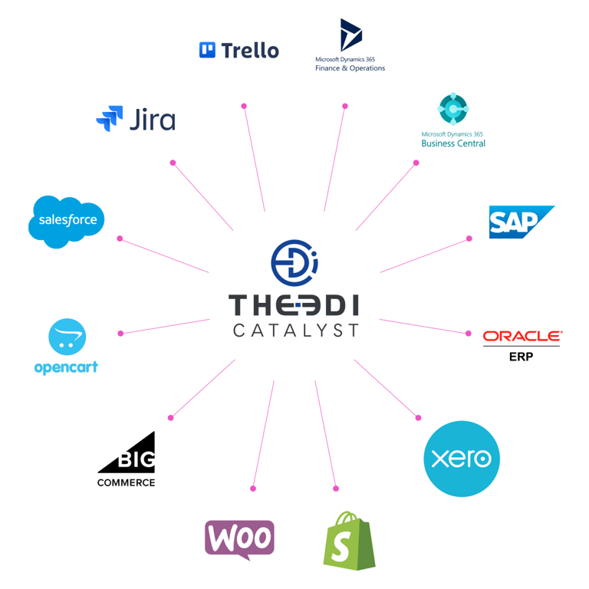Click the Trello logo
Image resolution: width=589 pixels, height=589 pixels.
239,51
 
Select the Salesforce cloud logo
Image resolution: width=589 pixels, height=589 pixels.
67,220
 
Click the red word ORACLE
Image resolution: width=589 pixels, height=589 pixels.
522,336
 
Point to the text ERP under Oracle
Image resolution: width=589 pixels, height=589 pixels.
522,357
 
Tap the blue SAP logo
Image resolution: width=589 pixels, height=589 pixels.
521,222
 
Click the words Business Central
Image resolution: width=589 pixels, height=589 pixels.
453,143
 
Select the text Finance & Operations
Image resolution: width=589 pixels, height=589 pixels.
350,68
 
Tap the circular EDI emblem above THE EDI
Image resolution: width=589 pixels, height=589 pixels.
294,261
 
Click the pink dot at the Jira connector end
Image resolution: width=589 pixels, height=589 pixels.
173,163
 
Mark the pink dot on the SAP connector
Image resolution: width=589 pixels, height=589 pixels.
469,239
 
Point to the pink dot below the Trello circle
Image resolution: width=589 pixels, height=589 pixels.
244,106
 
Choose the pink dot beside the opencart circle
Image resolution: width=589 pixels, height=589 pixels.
120,333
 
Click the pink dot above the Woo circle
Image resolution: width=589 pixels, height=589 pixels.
254,488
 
